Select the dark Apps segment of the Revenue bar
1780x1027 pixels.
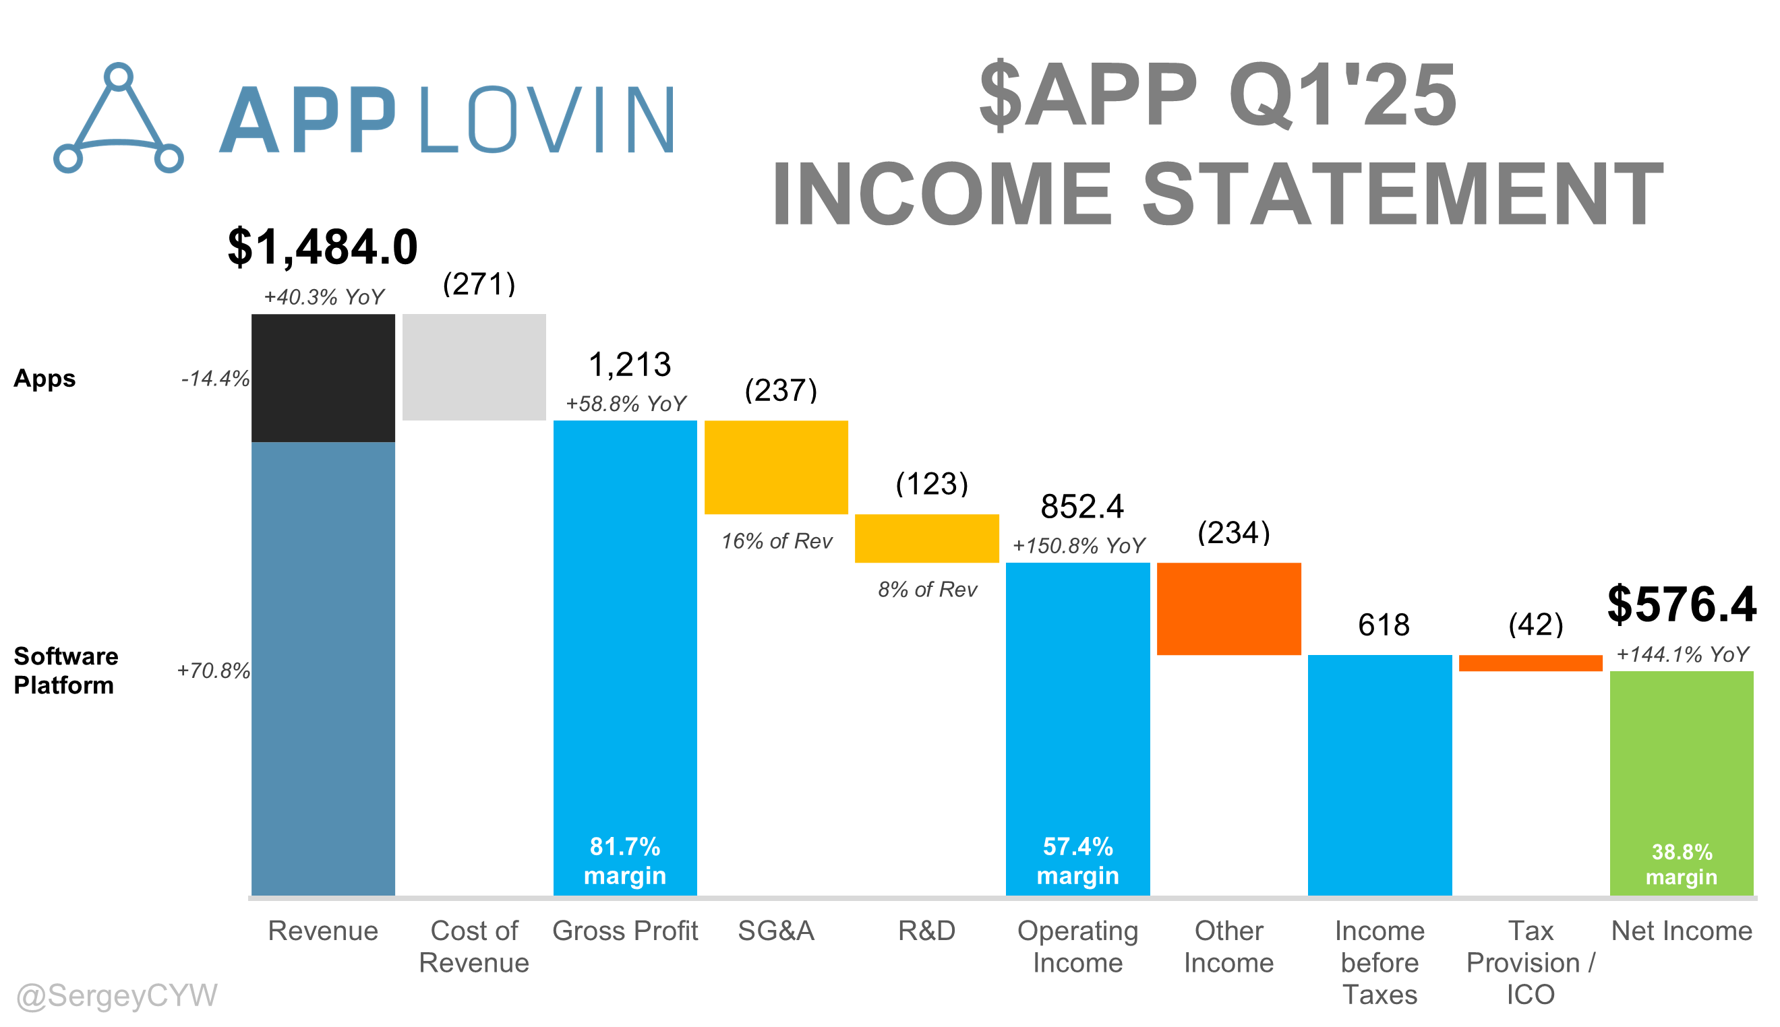click(323, 378)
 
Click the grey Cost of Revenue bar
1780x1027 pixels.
click(474, 367)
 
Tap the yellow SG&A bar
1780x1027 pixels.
click(776, 468)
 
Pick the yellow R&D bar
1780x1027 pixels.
click(927, 538)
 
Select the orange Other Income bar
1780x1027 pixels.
click(1229, 609)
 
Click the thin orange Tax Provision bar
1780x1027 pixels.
click(1531, 663)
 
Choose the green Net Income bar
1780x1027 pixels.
click(1682, 784)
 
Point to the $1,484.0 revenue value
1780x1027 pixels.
click(323, 247)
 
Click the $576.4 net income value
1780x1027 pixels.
click(1682, 604)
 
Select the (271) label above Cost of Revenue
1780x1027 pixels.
click(479, 284)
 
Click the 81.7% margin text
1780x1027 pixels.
click(625, 861)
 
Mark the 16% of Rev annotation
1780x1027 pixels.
click(777, 541)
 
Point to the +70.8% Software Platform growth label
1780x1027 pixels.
click(214, 670)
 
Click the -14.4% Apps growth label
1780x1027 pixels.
click(215, 379)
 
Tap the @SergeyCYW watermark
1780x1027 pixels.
click(117, 995)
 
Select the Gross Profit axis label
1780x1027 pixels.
click(625, 931)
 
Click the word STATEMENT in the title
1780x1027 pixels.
click(1404, 193)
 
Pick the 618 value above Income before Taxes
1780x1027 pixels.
click(1384, 625)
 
